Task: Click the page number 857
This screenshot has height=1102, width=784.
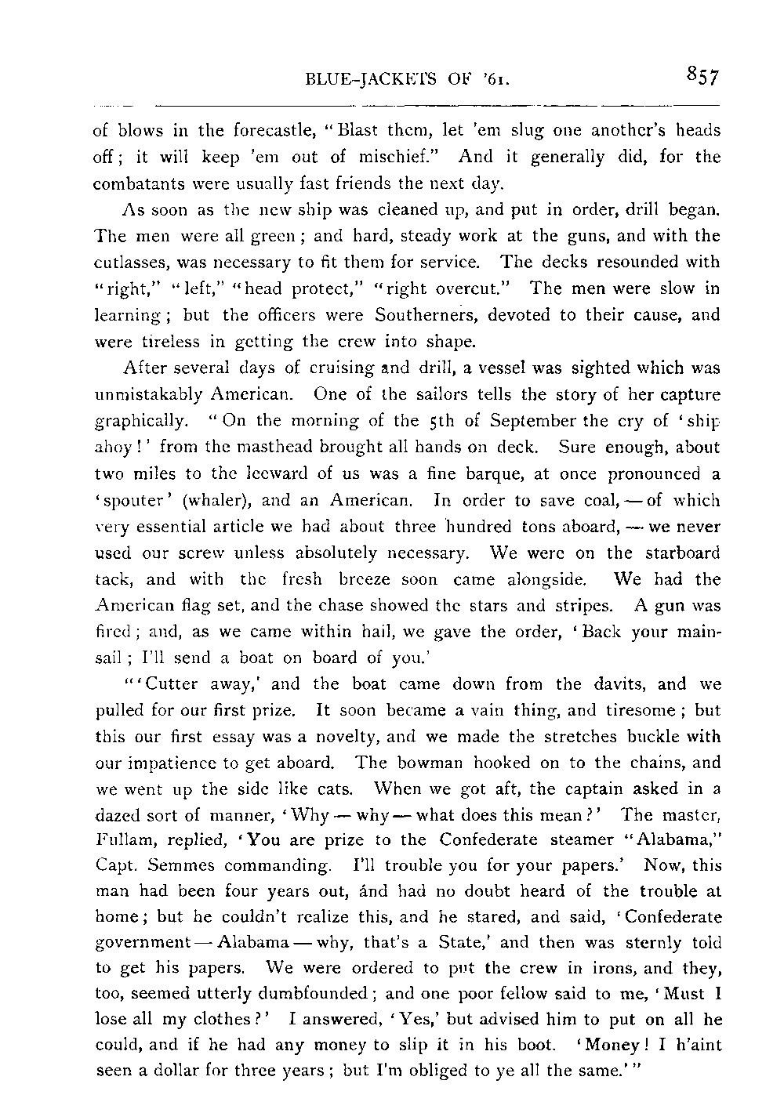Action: point(701,76)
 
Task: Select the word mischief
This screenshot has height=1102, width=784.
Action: point(408,157)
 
